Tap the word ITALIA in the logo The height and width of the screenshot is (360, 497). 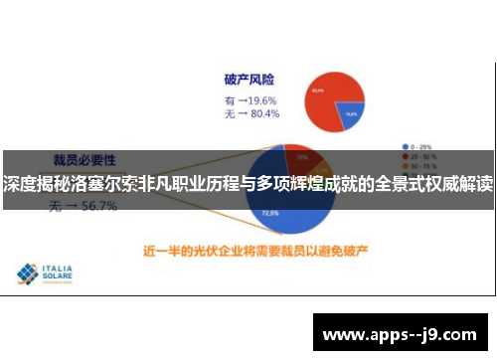click(61, 268)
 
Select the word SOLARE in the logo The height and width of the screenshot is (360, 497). click(63, 277)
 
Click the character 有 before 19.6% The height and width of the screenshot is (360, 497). click(230, 100)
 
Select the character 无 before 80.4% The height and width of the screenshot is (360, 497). click(230, 115)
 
